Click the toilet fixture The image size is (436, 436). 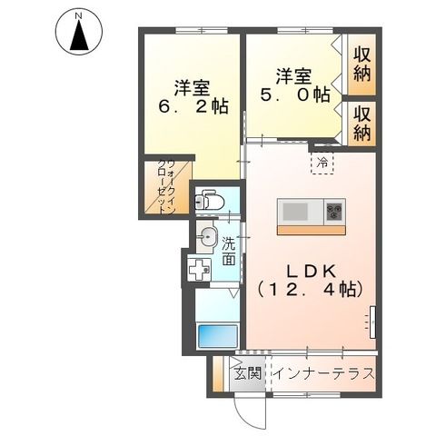(x=208, y=198)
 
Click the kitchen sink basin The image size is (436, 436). (x=296, y=212)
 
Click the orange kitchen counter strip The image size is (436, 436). (x=311, y=229)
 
